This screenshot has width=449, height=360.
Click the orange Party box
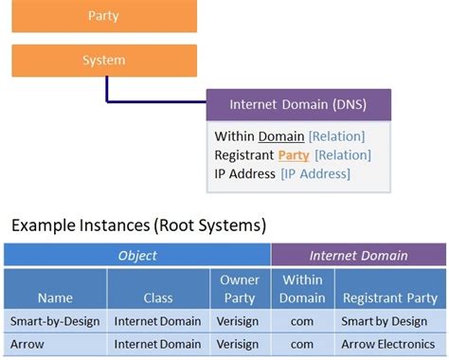click(104, 16)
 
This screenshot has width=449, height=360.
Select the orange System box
click(104, 61)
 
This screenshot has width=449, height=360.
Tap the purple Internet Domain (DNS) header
click(298, 104)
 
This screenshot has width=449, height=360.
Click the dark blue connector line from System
click(108, 91)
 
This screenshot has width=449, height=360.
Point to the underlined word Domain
click(281, 136)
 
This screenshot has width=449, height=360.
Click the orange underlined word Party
click(294, 154)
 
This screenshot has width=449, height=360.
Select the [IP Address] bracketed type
click(315, 173)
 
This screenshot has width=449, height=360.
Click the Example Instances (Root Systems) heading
click(138, 225)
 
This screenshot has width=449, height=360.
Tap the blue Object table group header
click(137, 255)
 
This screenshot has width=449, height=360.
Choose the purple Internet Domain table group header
click(358, 255)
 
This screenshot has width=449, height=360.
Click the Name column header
click(55, 297)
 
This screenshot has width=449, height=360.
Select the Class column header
click(158, 297)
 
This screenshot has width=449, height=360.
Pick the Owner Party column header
click(240, 289)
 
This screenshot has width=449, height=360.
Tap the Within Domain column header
click(302, 289)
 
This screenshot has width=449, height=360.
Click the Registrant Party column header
click(389, 297)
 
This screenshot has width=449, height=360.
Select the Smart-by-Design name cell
click(55, 321)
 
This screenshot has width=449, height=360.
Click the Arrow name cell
click(55, 344)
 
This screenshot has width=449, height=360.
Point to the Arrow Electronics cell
click(389, 344)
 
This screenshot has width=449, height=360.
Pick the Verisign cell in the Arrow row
click(240, 344)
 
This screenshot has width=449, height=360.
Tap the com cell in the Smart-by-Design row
click(302, 321)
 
